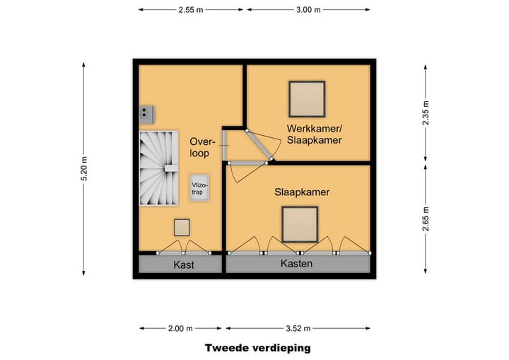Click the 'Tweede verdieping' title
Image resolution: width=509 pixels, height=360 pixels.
257,347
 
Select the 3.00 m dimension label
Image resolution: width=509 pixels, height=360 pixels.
307,10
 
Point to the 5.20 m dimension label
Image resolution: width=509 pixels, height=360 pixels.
85,170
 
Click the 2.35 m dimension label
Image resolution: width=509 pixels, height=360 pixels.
425,113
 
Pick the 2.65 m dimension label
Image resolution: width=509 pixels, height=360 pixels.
425,220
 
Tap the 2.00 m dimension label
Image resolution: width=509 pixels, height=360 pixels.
181,328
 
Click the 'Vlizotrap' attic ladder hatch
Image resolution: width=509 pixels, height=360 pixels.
198,187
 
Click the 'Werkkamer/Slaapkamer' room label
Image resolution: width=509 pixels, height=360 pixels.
315,134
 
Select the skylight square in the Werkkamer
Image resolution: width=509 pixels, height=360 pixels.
307,99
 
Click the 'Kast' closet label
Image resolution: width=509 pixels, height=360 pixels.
183,265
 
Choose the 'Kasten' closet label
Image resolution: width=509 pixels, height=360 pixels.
296,264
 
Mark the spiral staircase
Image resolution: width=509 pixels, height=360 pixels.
158,169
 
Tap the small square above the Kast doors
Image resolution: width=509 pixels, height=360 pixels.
182,227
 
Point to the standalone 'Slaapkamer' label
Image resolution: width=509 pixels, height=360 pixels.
303,192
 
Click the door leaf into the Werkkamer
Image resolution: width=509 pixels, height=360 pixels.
259,146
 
